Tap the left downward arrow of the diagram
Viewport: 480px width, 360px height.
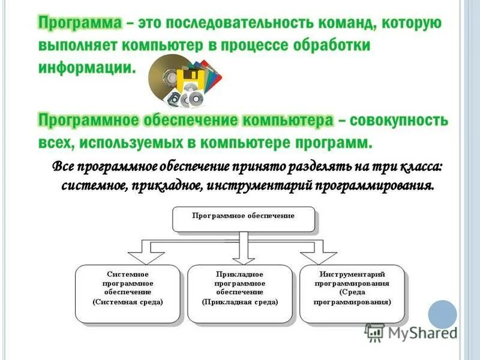[x=142, y=253]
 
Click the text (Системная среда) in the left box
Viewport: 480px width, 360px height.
[x=127, y=302]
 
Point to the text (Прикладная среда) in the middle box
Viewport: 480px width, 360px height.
[x=240, y=302]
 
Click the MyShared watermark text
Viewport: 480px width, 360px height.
[x=420, y=332]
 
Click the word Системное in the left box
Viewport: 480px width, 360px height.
[x=127, y=274]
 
